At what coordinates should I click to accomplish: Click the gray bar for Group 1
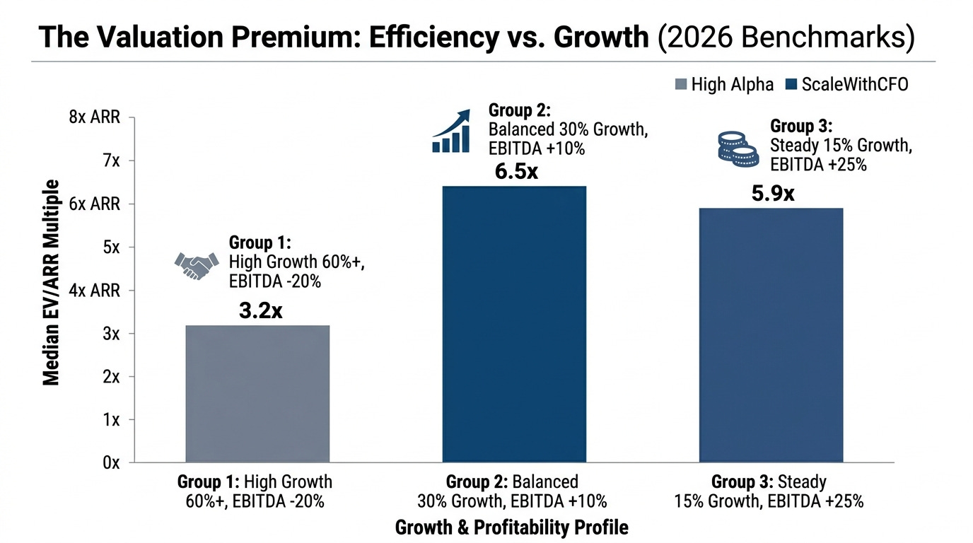pyautogui.click(x=257, y=393)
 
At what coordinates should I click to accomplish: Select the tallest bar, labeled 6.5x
pyautogui.click(x=514, y=324)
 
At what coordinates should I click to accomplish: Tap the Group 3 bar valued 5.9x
pyautogui.click(x=771, y=335)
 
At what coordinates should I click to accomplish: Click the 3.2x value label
pyautogui.click(x=260, y=310)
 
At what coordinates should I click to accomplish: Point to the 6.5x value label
pyautogui.click(x=516, y=172)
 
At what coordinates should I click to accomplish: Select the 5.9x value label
pyautogui.click(x=773, y=193)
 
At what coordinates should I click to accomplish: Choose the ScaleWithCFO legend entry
pyautogui.click(x=847, y=85)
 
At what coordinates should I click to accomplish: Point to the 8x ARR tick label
pyautogui.click(x=95, y=117)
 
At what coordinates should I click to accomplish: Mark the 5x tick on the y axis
pyautogui.click(x=112, y=247)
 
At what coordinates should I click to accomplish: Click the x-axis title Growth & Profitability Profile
pyautogui.click(x=511, y=527)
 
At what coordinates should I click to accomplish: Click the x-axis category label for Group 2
pyautogui.click(x=513, y=491)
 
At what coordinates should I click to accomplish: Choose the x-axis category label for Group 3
pyautogui.click(x=769, y=491)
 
